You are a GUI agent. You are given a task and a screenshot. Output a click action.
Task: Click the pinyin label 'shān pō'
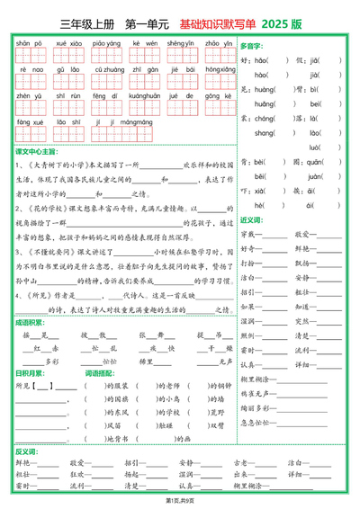click(29, 42)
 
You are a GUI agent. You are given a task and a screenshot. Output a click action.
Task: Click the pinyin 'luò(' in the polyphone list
click(317, 146)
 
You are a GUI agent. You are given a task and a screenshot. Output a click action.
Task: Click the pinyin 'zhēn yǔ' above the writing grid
click(29, 94)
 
